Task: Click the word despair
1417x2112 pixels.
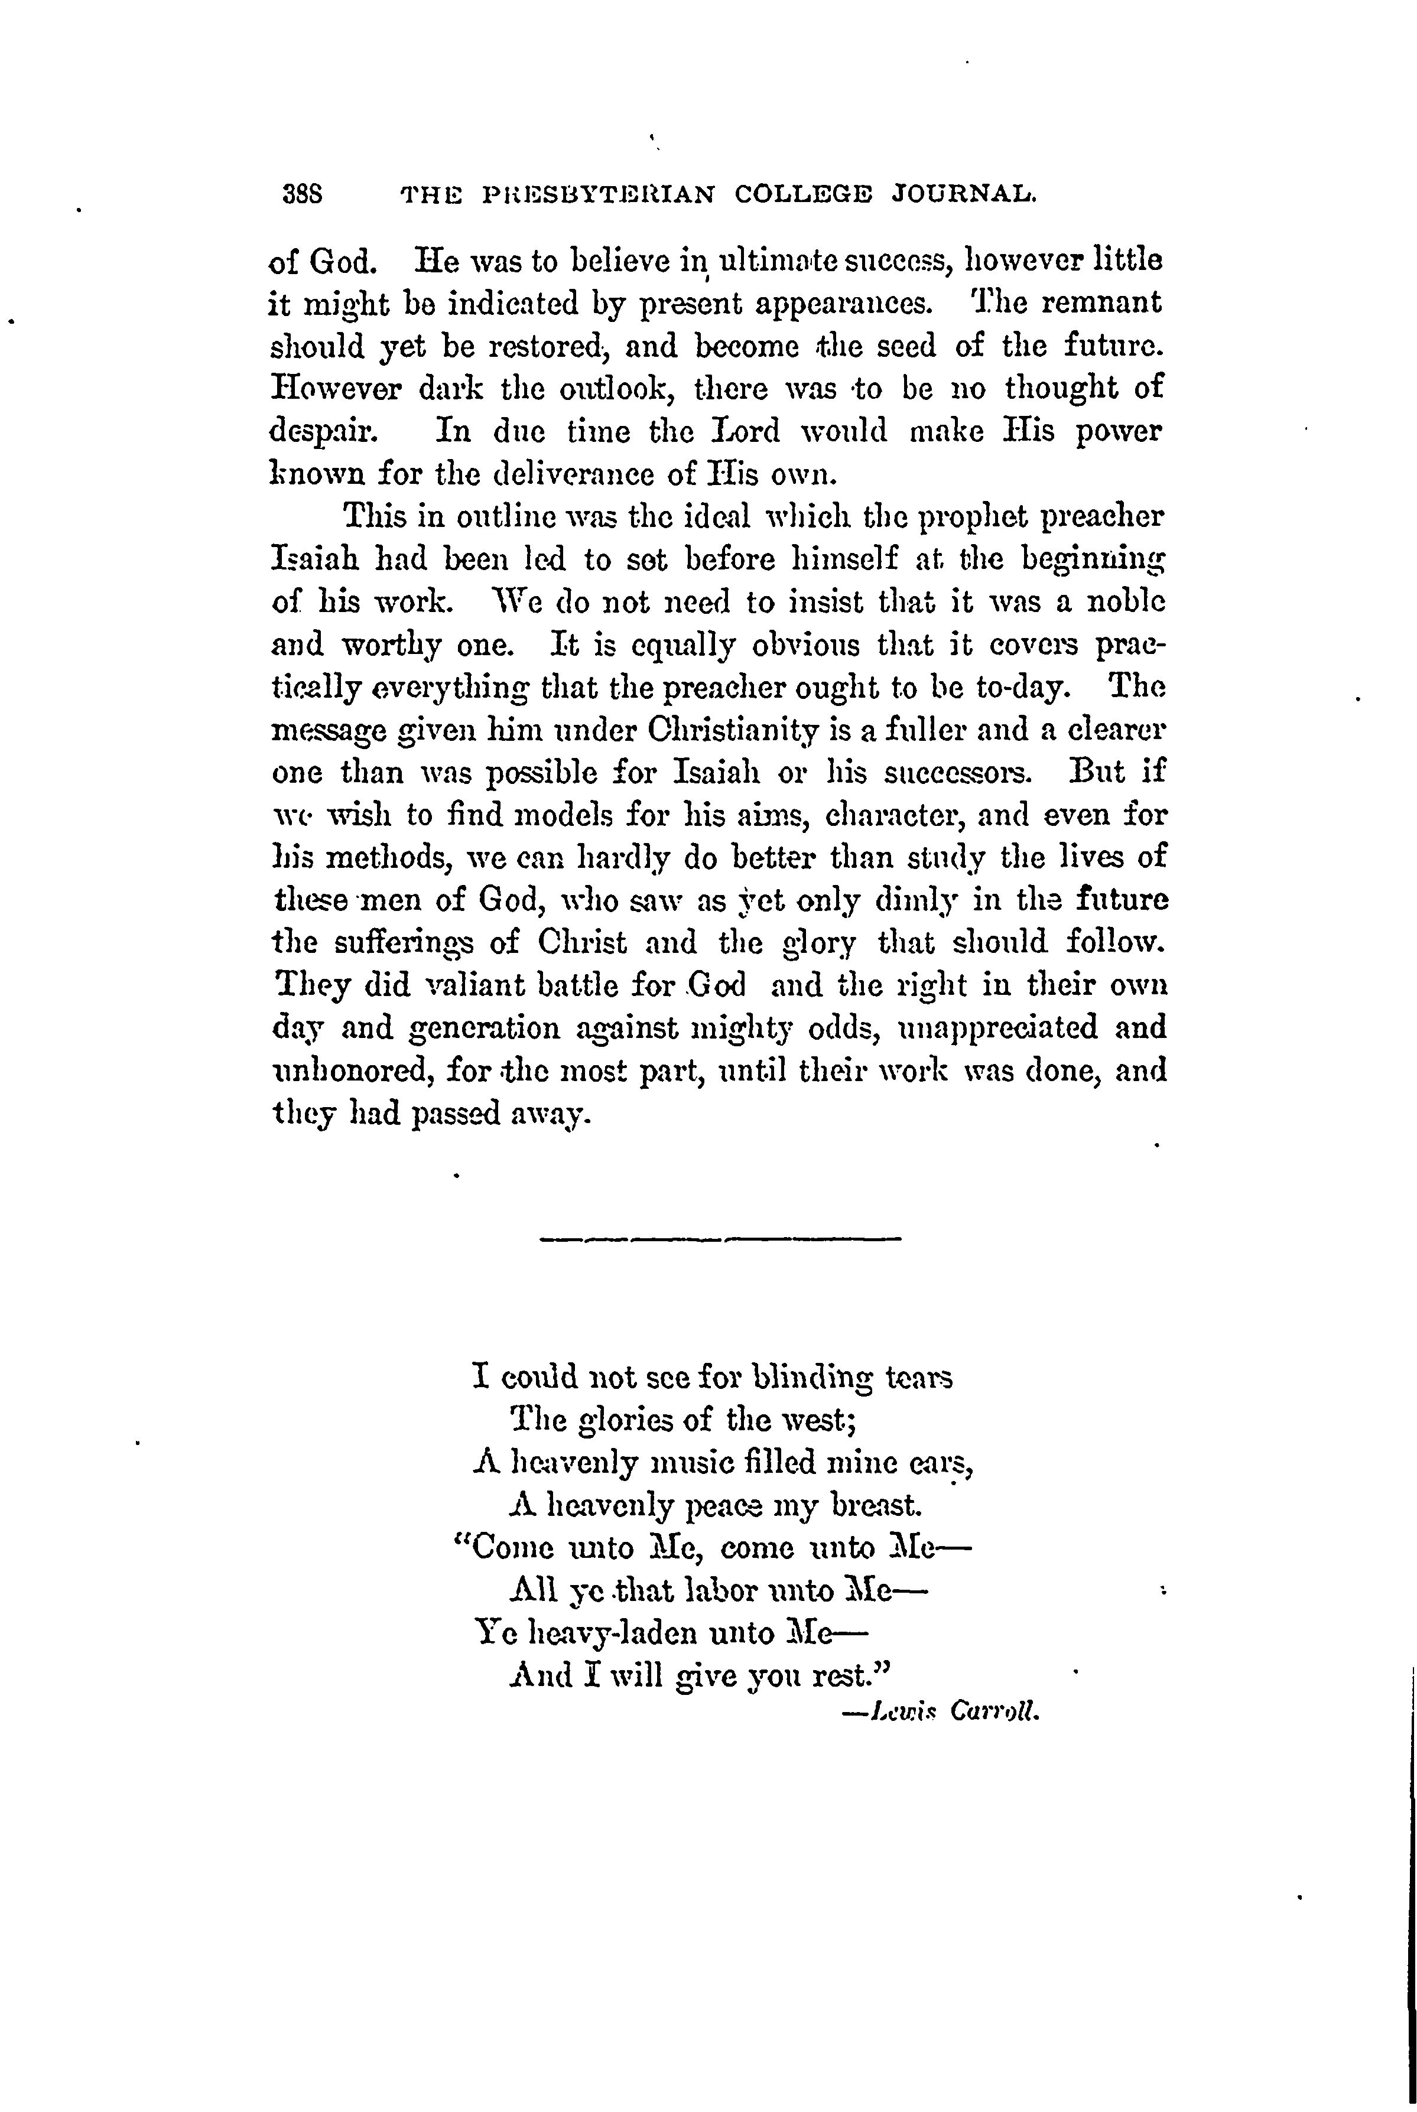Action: tap(321, 432)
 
